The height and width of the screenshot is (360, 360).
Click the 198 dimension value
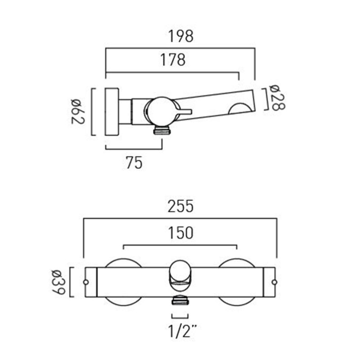(x=181, y=36)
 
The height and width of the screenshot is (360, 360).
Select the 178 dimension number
(x=173, y=60)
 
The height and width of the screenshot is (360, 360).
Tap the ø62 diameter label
(x=77, y=111)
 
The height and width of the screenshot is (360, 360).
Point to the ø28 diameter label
(x=278, y=98)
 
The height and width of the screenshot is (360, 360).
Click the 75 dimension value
(x=134, y=162)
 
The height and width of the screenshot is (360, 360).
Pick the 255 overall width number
(x=181, y=206)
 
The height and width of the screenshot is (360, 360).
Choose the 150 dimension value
(x=181, y=233)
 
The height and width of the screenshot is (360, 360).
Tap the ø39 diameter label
(x=58, y=282)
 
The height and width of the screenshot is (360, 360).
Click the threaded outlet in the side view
(x=162, y=130)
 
